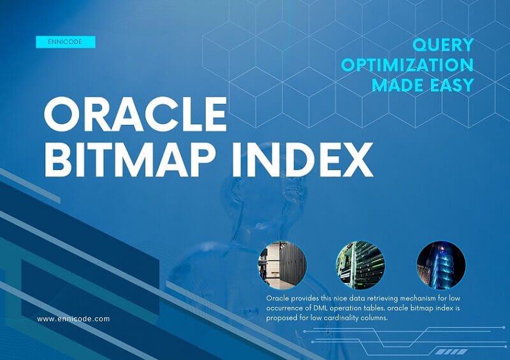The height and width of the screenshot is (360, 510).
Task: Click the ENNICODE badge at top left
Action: pyautogui.click(x=66, y=42)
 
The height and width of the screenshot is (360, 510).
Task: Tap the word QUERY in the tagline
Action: pyautogui.click(x=442, y=45)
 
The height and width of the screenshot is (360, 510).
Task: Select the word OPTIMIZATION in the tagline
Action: pyautogui.click(x=407, y=65)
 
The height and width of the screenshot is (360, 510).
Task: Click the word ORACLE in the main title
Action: pyautogui.click(x=135, y=114)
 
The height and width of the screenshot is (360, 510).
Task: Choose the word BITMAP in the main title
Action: pyautogui.click(x=131, y=160)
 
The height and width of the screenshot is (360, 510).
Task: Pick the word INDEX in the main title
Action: pyautogui.click(x=302, y=160)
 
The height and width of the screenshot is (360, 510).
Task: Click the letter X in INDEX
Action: pyautogui.click(x=356, y=160)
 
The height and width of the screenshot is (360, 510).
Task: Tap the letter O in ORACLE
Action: pyautogui.click(x=61, y=114)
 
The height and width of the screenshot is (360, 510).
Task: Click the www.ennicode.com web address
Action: pyautogui.click(x=73, y=319)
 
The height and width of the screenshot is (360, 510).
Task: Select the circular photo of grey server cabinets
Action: pyautogui.click(x=282, y=265)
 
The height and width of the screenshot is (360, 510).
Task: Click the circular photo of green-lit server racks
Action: pyautogui.click(x=360, y=265)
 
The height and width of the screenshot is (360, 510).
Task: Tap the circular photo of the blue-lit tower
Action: pyautogui.click(x=441, y=265)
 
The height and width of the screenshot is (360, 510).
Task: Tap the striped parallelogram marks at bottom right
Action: pyautogui.click(x=451, y=352)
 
